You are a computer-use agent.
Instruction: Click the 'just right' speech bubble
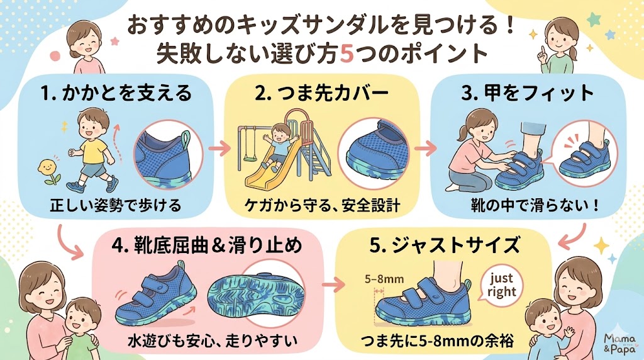[501, 284]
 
